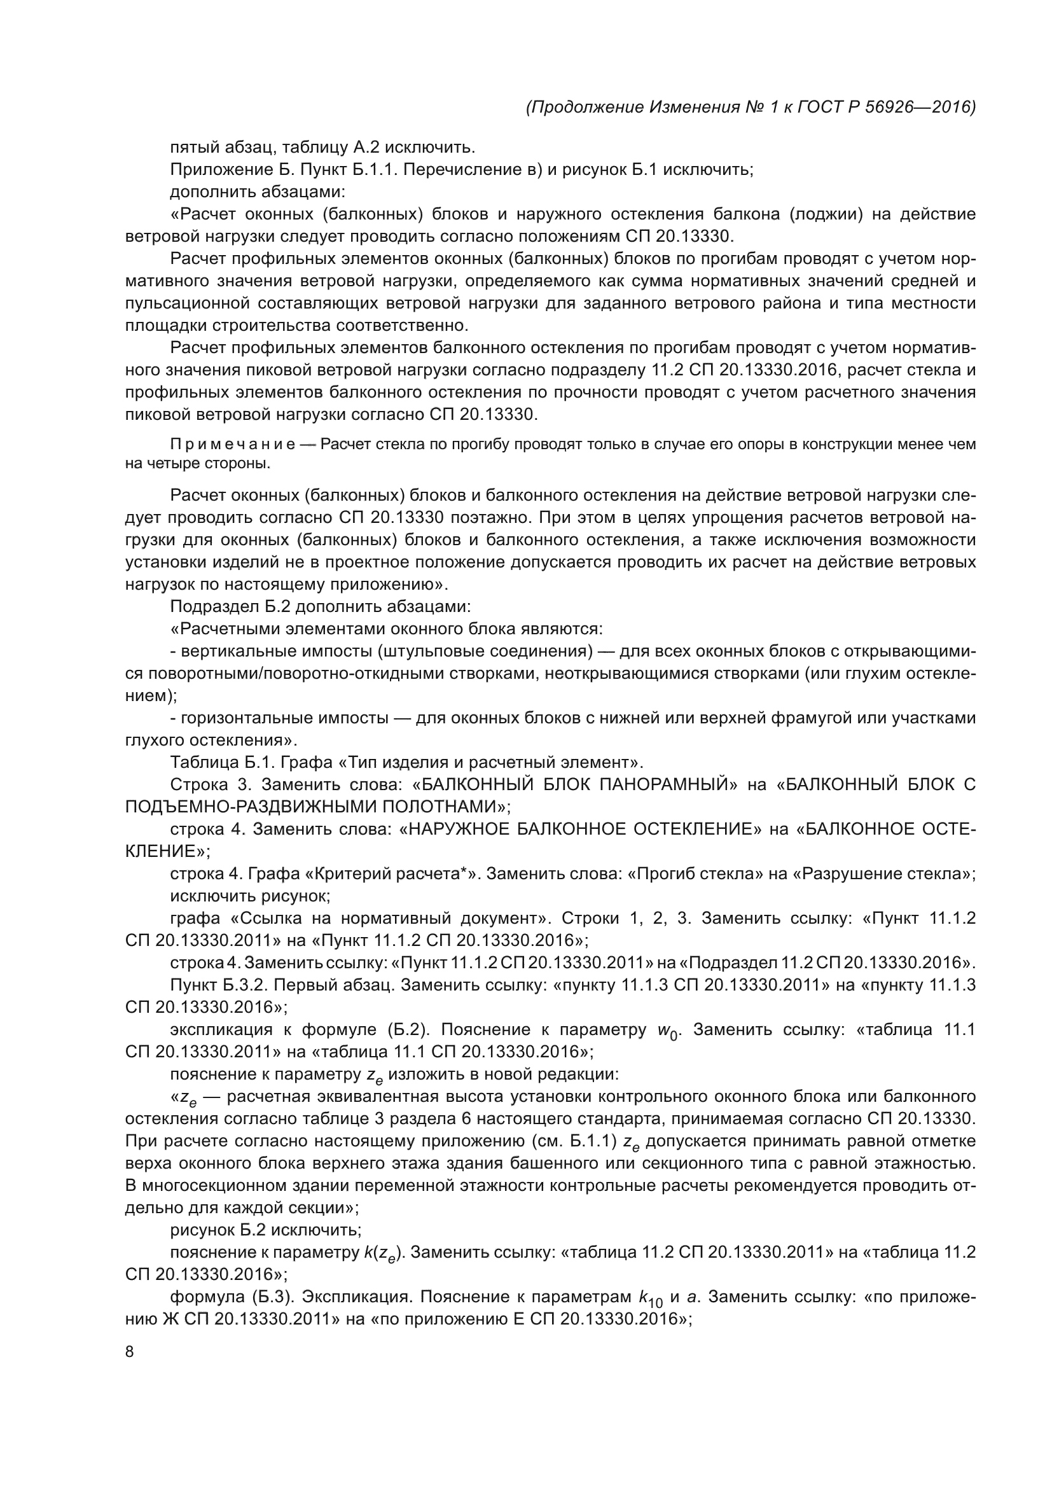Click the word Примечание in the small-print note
pyautogui.click(x=233, y=445)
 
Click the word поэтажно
pyautogui.click(x=488, y=517)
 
